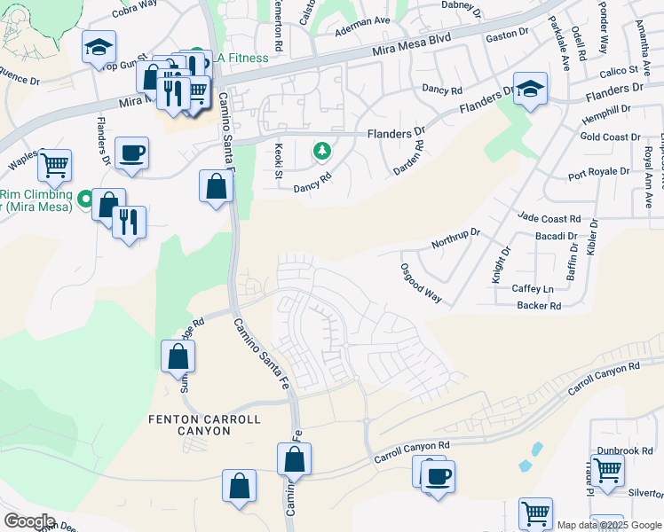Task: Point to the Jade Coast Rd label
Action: pyautogui.click(x=549, y=218)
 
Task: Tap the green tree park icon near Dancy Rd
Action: pyautogui.click(x=320, y=153)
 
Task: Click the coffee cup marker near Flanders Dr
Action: pyautogui.click(x=131, y=153)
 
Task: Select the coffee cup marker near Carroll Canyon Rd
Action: pyautogui.click(x=438, y=476)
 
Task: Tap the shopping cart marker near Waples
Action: pyautogui.click(x=55, y=163)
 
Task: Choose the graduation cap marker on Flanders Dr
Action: pyautogui.click(x=530, y=88)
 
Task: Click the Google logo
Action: pyautogui.click(x=29, y=521)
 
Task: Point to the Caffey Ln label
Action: pyautogui.click(x=533, y=289)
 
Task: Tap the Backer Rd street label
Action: pyautogui.click(x=539, y=306)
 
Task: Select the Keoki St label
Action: pyautogui.click(x=278, y=157)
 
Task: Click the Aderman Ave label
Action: pyautogui.click(x=362, y=27)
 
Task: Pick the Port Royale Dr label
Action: pyautogui.click(x=599, y=172)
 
